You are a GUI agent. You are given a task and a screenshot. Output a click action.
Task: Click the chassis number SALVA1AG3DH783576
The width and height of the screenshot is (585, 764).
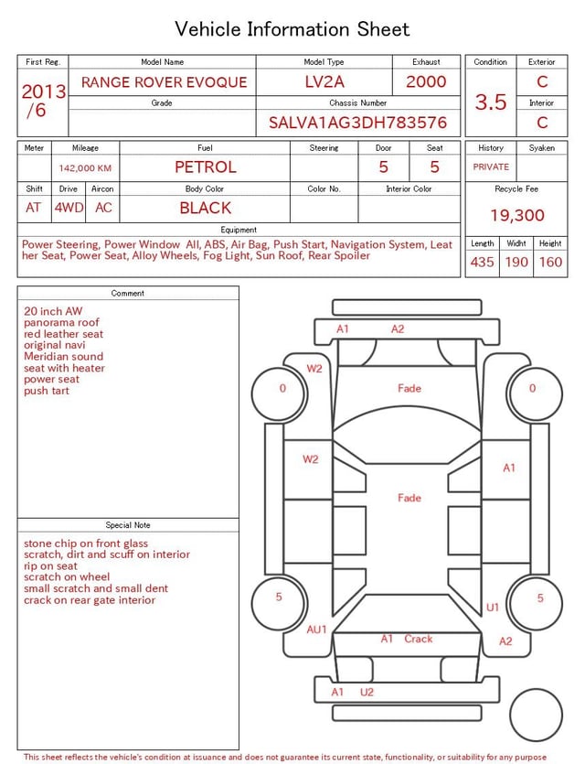tap(357, 123)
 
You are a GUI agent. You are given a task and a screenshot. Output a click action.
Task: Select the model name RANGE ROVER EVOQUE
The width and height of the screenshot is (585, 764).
tap(164, 82)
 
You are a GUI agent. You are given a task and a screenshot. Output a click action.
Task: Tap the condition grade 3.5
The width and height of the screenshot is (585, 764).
tap(491, 102)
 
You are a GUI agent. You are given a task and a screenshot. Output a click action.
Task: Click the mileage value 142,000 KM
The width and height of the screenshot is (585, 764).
tap(85, 168)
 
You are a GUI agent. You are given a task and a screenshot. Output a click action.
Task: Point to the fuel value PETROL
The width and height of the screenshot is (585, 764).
tap(206, 167)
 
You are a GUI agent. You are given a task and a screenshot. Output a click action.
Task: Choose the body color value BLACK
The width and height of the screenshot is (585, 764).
tap(206, 208)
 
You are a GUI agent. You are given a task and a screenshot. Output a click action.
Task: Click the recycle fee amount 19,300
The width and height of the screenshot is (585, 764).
tap(517, 216)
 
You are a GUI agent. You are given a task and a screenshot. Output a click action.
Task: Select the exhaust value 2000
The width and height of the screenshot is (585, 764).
tap(426, 82)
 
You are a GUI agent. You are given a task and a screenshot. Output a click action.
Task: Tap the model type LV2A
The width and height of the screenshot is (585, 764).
tap(324, 82)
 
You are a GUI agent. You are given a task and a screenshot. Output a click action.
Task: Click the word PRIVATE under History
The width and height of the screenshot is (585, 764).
tap(491, 167)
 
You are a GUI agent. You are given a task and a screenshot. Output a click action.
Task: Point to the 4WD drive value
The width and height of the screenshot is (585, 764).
tap(68, 208)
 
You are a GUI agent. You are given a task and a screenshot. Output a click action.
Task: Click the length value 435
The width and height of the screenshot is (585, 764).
tap(482, 262)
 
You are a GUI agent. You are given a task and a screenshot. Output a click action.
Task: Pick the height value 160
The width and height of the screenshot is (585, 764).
tap(550, 262)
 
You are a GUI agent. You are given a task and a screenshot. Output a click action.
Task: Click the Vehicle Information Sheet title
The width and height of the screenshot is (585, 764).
tap(292, 29)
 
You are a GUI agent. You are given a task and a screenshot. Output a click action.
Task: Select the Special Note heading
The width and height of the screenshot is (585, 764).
tap(128, 525)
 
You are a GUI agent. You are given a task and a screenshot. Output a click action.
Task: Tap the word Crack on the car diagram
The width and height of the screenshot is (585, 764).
tap(419, 639)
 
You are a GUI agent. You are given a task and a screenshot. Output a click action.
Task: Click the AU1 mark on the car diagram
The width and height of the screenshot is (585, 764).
tap(316, 629)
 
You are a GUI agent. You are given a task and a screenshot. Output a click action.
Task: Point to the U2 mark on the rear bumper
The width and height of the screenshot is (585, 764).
tap(367, 692)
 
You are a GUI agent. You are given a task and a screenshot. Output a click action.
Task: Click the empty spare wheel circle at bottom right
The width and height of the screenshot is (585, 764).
tap(536, 715)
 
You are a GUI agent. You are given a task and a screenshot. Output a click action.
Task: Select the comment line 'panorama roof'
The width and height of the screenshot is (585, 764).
tap(62, 323)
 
